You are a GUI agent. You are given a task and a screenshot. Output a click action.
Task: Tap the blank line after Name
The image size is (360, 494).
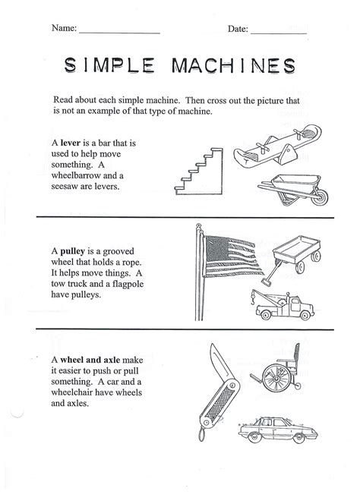pos(118,31)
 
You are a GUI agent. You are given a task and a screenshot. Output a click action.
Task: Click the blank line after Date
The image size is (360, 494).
pos(278,31)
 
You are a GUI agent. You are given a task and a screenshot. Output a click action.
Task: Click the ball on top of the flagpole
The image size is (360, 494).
pos(198,226)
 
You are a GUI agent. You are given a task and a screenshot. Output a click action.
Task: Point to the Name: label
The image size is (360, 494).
pos(63,28)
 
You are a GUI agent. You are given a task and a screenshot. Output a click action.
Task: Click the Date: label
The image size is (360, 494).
pos(237,28)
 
